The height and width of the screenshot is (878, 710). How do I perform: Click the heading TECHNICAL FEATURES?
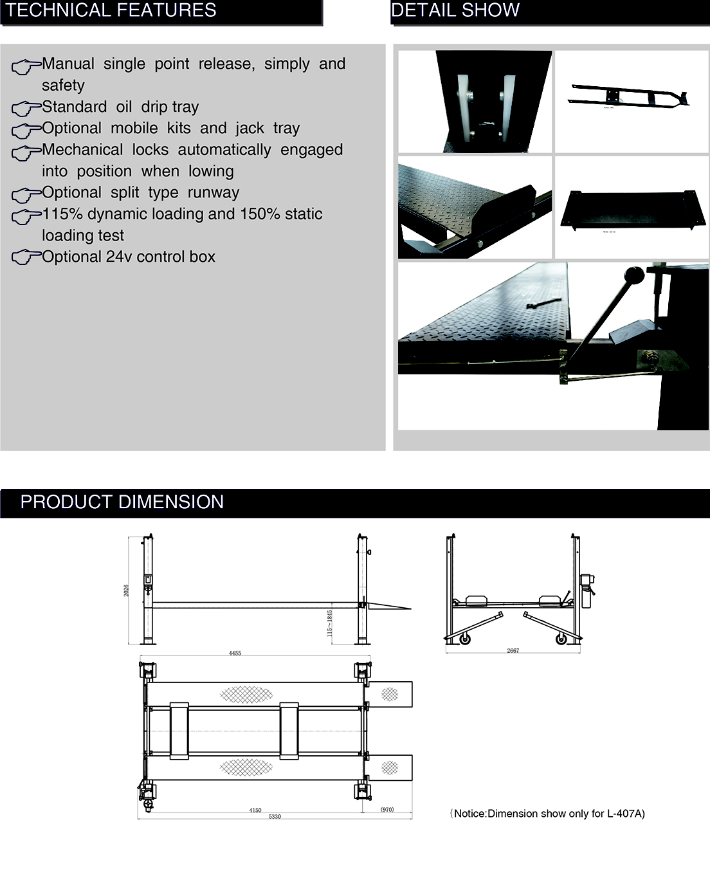point(111,11)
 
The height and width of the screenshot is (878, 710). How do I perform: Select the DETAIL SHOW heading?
point(455,11)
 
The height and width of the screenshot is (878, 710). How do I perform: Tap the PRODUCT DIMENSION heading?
point(122,502)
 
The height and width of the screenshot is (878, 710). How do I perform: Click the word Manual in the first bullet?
point(68,64)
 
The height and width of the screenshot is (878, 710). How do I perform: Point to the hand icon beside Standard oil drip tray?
point(26,108)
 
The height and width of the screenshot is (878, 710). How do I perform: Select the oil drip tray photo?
point(632,208)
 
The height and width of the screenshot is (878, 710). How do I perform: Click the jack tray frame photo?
point(630,97)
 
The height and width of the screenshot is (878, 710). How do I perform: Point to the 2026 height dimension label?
point(127,590)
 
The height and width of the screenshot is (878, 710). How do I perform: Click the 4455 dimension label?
point(235,653)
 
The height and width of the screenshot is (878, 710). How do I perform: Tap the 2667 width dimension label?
point(513,651)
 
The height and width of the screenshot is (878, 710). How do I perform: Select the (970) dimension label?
point(387,809)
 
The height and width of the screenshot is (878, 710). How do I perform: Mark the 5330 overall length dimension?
point(275,816)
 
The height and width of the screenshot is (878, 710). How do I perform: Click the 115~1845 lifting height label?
point(330,623)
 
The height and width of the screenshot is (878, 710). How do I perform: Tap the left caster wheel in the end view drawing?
point(465,639)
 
